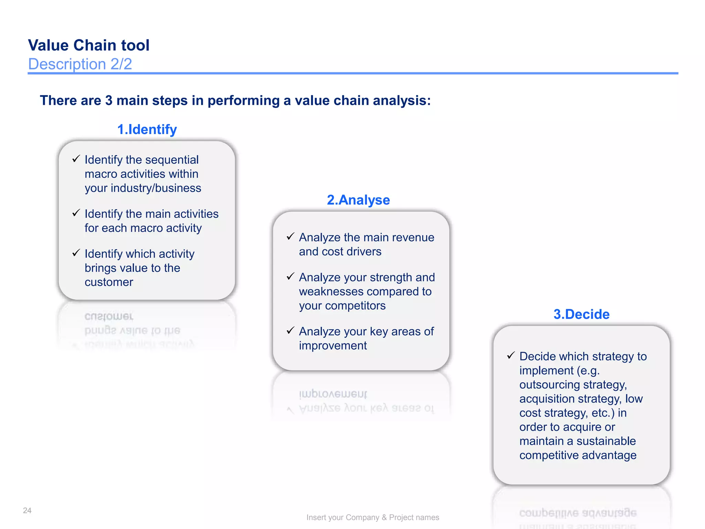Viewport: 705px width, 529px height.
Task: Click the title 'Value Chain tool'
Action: tap(89, 45)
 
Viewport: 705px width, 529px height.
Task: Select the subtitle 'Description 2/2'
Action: tap(80, 64)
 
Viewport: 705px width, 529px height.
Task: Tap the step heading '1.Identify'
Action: tap(147, 129)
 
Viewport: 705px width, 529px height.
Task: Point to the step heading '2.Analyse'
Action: tap(358, 200)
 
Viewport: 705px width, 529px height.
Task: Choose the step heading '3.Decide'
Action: tap(581, 314)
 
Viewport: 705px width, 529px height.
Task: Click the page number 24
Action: tap(27, 510)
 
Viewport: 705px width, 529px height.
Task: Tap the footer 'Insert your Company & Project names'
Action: tap(372, 517)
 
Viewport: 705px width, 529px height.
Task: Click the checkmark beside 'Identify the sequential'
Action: tap(76, 159)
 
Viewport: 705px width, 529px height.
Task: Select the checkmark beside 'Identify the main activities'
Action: tap(76, 213)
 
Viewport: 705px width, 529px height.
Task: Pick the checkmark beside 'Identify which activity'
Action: tap(76, 253)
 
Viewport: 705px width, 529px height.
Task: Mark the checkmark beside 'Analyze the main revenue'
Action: tap(291, 236)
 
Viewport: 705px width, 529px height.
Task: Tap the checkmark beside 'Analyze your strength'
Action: tap(291, 276)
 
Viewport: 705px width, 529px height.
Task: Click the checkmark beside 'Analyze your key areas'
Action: tap(291, 330)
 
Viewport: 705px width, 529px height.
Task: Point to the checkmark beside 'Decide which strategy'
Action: tap(511, 355)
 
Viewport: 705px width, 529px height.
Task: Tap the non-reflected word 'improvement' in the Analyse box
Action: tap(333, 346)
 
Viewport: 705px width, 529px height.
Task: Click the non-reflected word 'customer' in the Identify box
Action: tap(109, 282)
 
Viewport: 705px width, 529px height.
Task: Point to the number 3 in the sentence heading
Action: tap(109, 101)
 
